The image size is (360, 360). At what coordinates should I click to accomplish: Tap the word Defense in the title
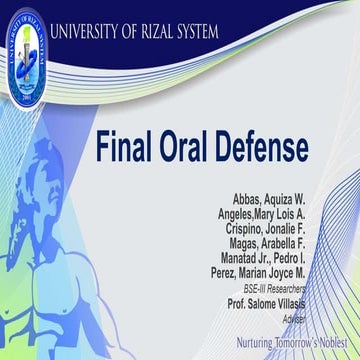267,147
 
